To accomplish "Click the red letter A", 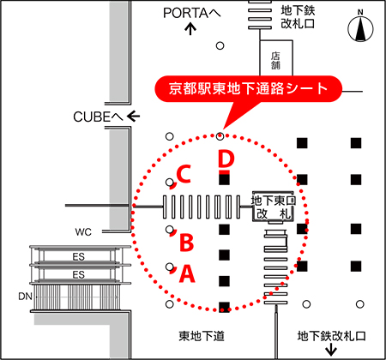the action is coord(187,273).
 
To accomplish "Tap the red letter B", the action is coord(187,243).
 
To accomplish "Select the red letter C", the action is coord(184,174).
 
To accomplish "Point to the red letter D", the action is coord(226,159).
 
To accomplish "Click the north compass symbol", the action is coord(360,27).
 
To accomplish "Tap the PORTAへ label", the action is coord(192,13).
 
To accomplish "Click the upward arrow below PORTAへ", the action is coord(190,29).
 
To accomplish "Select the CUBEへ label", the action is coord(98,117).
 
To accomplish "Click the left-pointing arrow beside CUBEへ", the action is coord(133,117).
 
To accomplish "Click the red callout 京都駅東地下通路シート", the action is coord(248,88).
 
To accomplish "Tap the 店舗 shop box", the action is coord(276,57).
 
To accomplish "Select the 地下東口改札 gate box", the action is coord(274,207).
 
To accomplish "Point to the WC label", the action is coord(83,232).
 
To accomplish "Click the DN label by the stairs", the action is coord(25,297).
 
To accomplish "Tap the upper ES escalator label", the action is coord(78,256).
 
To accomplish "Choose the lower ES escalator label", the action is coord(78,274).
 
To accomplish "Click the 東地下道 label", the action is coord(202,336).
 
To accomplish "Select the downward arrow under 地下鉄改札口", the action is coord(331,350).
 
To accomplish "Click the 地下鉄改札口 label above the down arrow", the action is coord(331,336).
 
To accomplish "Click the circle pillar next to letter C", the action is coord(170,182).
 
